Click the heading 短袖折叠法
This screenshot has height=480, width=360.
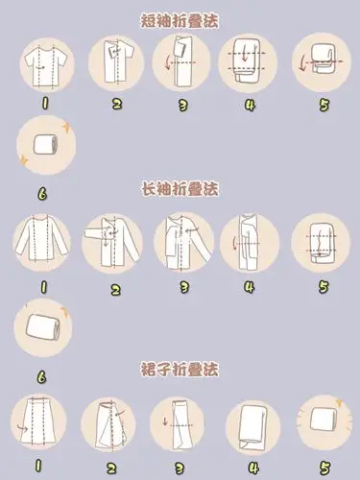click(180, 19)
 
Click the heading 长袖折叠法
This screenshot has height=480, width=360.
click(180, 190)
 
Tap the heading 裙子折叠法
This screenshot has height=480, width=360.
click(180, 369)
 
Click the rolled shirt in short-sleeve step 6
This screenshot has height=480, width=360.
click(43, 144)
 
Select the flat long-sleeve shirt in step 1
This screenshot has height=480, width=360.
click(42, 242)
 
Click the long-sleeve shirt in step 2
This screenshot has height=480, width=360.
click(113, 242)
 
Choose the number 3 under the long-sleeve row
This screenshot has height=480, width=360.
click(180, 286)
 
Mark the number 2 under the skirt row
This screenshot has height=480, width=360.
click(112, 468)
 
